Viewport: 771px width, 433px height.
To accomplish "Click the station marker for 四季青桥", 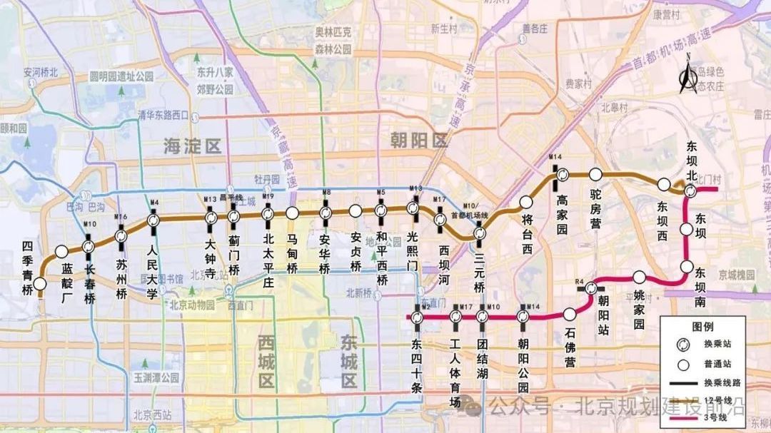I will pyautogui.click(x=40, y=284).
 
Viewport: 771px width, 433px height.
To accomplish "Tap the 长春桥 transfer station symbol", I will pyautogui.click(x=89, y=247).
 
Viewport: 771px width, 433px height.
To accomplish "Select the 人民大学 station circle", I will pyautogui.click(x=153, y=221).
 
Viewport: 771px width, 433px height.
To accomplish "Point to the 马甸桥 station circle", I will pyautogui.click(x=292, y=213).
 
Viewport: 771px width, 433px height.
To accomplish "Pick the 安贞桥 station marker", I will pyautogui.click(x=355, y=210).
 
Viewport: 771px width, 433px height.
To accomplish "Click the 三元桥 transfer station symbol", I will pyautogui.click(x=480, y=233).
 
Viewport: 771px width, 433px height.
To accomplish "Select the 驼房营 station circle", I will pyautogui.click(x=595, y=174).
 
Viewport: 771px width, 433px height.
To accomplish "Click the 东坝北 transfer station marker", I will pyautogui.click(x=690, y=191).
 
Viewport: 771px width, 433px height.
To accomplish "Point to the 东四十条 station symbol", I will pyautogui.click(x=418, y=317).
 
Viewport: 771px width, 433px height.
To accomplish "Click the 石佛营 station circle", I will pyautogui.click(x=570, y=314).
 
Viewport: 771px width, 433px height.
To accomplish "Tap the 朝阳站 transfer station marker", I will pyautogui.click(x=591, y=288).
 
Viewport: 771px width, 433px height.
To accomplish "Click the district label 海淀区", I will pyautogui.click(x=192, y=147).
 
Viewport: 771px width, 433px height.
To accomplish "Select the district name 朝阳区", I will pyautogui.click(x=418, y=140).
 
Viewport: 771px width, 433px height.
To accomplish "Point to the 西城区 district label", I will pyautogui.click(x=266, y=362).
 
